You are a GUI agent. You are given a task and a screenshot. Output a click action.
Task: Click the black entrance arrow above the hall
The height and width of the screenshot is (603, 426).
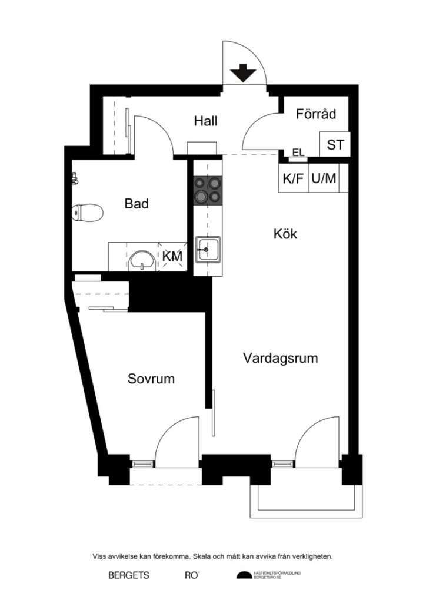point(243,74)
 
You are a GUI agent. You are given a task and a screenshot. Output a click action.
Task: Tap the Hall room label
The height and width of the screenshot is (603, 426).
point(206,121)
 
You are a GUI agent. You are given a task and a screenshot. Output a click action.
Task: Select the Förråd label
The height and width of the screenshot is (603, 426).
point(316,114)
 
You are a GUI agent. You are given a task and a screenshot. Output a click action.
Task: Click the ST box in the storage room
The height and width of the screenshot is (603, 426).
point(335,145)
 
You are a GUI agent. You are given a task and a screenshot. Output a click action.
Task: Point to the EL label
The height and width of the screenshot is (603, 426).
point(298,153)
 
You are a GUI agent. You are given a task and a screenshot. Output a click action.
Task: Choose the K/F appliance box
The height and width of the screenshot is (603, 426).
point(294,178)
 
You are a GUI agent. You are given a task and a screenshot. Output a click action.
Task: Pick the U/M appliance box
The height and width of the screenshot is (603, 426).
point(324,178)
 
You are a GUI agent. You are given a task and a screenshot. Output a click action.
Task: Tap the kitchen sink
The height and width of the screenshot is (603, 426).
point(208,250)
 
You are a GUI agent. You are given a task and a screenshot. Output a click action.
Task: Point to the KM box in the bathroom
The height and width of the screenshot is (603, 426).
point(172,257)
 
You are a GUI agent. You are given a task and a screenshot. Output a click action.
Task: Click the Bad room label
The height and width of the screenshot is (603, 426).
point(136,204)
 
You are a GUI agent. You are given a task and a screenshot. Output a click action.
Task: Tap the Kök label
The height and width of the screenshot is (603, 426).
point(285,234)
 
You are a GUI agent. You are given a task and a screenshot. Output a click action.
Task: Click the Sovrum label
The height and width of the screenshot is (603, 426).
point(151,379)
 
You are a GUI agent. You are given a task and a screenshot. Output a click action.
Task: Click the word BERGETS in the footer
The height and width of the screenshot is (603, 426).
point(129,575)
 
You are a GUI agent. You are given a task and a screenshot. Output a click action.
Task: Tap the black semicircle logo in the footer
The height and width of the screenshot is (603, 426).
point(244,575)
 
